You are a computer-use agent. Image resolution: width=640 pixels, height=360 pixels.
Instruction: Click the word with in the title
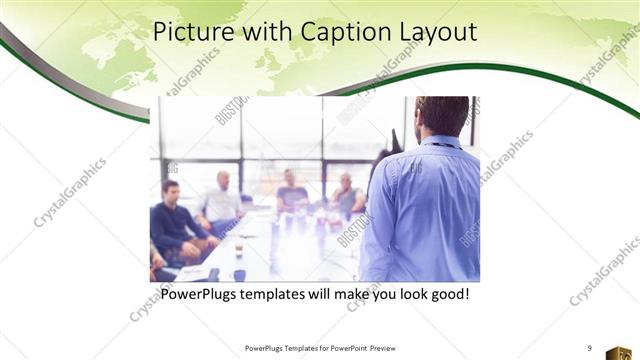(x=263, y=33)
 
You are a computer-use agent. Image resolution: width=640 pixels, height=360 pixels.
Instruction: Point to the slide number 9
(x=589, y=347)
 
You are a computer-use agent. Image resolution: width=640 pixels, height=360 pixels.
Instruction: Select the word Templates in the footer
(x=292, y=347)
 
